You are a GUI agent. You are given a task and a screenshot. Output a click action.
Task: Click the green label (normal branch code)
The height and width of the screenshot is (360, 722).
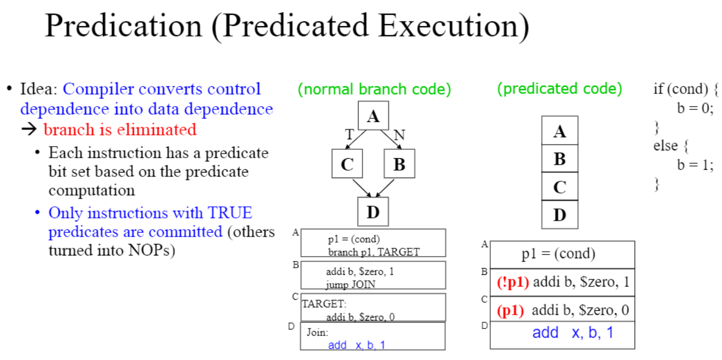[374, 88]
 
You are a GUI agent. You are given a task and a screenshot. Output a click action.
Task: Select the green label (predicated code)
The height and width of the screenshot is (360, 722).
[559, 88]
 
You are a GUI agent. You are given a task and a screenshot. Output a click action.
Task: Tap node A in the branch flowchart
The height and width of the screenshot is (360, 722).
[373, 116]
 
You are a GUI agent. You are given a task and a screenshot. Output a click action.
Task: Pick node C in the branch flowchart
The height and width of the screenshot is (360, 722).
[347, 164]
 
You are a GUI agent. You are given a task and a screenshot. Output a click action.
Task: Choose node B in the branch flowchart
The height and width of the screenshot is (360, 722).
[399, 164]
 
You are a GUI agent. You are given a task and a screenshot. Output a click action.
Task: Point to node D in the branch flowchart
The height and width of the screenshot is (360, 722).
[373, 211]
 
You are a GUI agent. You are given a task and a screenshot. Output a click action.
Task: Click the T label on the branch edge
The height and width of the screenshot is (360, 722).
[349, 134]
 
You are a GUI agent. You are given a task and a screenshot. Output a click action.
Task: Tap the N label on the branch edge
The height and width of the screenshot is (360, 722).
[399, 134]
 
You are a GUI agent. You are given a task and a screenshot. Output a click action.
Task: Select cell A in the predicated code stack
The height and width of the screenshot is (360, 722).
[559, 131]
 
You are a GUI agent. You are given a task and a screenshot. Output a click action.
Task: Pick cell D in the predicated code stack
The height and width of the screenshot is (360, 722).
[559, 215]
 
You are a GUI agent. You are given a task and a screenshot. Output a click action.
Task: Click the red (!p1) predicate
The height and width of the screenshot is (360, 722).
[513, 282]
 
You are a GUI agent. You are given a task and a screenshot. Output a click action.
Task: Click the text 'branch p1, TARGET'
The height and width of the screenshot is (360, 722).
[373, 252]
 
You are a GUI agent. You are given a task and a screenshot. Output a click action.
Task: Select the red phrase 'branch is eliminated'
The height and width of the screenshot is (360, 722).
[120, 129]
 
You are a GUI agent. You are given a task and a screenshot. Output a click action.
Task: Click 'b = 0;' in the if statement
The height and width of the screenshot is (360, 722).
[692, 108]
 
